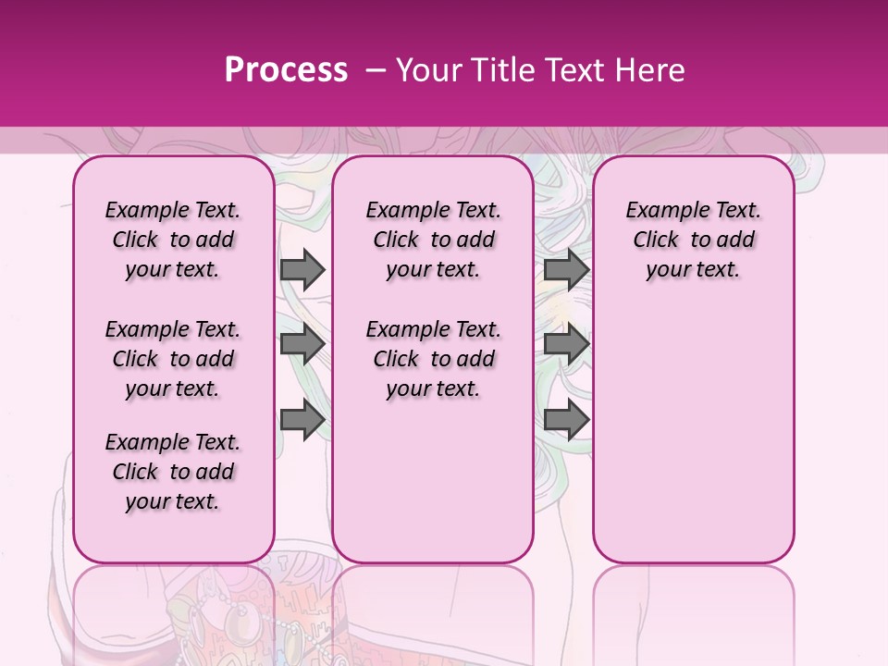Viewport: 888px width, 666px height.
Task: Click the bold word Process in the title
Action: [x=286, y=70]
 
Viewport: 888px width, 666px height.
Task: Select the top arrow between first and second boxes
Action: [x=302, y=270]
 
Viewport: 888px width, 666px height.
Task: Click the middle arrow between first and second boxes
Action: [x=302, y=345]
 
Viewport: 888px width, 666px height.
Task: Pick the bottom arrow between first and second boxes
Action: [x=302, y=420]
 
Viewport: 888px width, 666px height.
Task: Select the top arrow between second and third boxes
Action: [x=566, y=270]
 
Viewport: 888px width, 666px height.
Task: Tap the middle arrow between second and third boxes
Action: [x=566, y=345]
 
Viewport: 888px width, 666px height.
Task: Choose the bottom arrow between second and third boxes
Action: [x=566, y=420]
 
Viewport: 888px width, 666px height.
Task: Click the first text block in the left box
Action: [x=173, y=240]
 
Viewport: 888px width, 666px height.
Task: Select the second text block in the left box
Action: [x=173, y=359]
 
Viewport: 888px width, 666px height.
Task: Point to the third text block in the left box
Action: [x=173, y=472]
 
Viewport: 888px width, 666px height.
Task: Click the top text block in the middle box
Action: [x=433, y=240]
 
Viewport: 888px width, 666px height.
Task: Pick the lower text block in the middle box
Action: [x=433, y=359]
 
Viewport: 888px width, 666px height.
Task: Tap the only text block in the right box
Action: [x=693, y=240]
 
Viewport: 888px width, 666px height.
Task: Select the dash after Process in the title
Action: [x=375, y=70]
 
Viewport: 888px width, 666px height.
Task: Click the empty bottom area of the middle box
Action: [x=433, y=490]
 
